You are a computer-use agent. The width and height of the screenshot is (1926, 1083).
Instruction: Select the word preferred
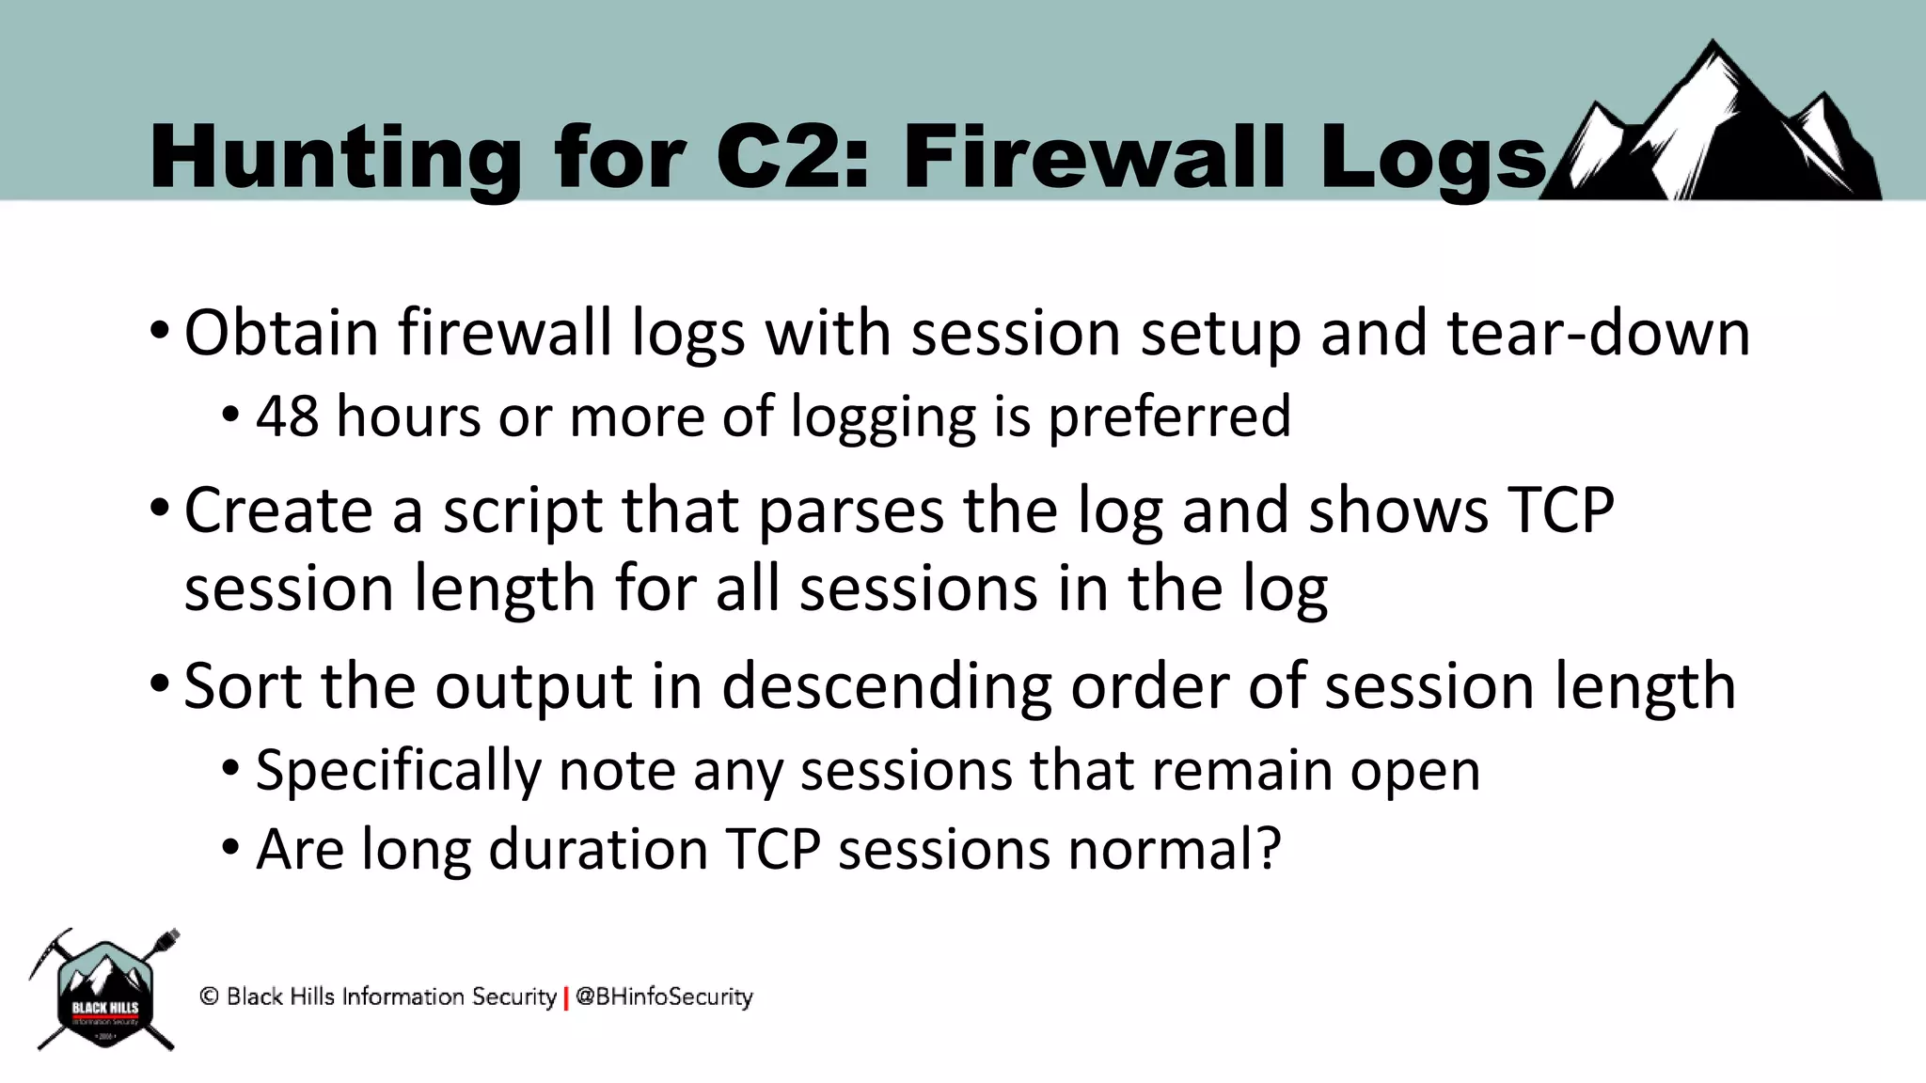[x=1169, y=417]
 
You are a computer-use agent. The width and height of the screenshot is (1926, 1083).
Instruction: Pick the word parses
[x=850, y=512]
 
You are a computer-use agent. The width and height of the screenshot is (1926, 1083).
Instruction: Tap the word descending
[x=886, y=687]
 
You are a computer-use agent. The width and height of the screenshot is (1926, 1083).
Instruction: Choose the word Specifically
[x=398, y=771]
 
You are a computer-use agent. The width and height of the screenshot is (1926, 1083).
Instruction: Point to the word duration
[x=598, y=850]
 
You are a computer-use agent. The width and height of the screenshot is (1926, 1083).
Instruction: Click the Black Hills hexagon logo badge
[x=105, y=994]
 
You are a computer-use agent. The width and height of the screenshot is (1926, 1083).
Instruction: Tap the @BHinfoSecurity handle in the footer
[x=664, y=997]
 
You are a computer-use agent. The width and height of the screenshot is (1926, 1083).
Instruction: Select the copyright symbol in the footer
[x=209, y=997]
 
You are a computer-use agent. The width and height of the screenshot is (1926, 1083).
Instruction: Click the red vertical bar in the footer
[x=566, y=997]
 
